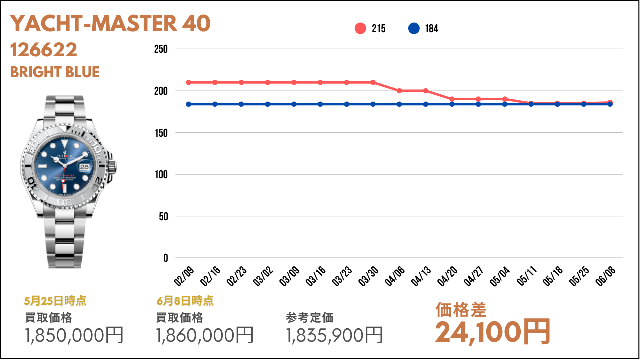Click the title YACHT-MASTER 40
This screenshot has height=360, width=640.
110,23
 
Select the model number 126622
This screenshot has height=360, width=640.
44,50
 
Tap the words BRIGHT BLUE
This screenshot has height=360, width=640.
55,72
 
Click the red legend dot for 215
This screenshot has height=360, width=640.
360,29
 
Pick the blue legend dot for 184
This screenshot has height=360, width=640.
414,29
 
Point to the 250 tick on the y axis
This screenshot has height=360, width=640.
161,49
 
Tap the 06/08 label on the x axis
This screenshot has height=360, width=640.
605,276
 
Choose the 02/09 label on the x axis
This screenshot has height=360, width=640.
183,276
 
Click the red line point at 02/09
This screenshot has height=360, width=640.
189,82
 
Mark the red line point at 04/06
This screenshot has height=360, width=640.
399,91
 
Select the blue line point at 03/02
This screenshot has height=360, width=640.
268,104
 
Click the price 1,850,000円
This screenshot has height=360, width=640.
74,335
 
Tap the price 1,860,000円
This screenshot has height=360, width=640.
205,335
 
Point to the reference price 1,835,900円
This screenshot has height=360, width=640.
334,335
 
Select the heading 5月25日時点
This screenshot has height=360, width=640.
55,301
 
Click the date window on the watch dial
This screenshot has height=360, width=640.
84,167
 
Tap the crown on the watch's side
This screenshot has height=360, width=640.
114,165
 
